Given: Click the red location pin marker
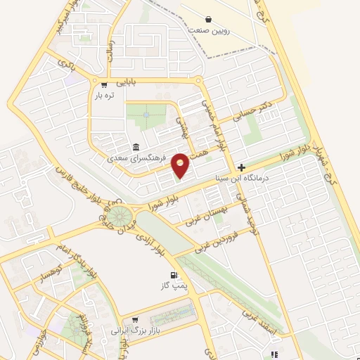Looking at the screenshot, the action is [x=181, y=165].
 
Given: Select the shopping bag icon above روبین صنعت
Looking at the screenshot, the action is [x=208, y=19].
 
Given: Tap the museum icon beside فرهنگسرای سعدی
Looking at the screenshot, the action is [x=134, y=148].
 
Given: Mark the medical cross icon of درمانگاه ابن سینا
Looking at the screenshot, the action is [x=242, y=168].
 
